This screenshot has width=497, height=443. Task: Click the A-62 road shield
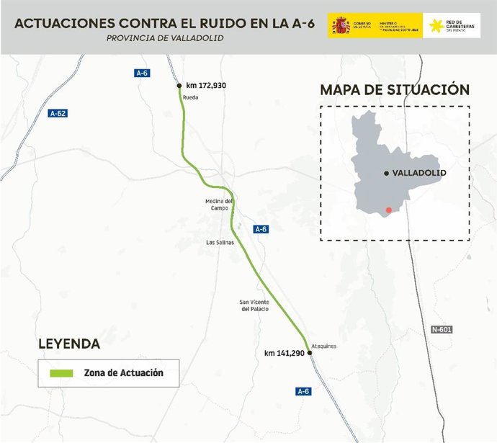(x=58, y=113)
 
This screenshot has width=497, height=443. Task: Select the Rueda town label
(x=190, y=97)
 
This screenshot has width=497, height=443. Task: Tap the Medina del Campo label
(x=219, y=205)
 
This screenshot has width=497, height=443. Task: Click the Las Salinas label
(x=220, y=243)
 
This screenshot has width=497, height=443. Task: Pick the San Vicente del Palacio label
(x=254, y=305)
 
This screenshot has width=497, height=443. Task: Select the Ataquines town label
(x=323, y=346)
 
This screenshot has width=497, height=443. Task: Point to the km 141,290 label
(x=285, y=354)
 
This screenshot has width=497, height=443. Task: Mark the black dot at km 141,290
(x=310, y=353)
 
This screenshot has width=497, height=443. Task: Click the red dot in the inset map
(x=389, y=210)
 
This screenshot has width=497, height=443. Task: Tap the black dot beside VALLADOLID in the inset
(x=387, y=174)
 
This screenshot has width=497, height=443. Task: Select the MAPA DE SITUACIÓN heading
(x=395, y=90)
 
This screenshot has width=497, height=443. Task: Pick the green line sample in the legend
(x=62, y=373)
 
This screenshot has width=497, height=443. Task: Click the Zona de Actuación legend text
(x=123, y=373)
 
